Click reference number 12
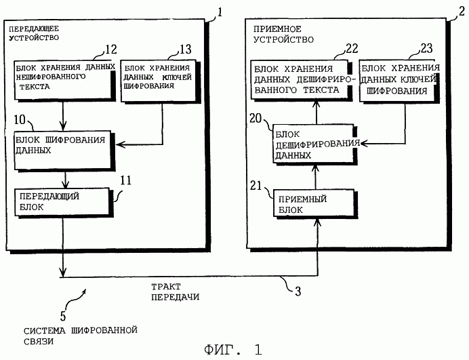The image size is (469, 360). [111, 49]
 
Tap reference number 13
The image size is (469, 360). [186, 49]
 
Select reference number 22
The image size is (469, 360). [352, 49]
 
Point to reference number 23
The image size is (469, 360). [426, 48]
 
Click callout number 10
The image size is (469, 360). [20, 120]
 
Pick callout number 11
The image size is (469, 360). [125, 180]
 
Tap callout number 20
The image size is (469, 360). [256, 119]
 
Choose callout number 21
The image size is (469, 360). [256, 186]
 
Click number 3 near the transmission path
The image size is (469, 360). [298, 291]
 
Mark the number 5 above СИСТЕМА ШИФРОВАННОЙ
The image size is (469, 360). [63, 316]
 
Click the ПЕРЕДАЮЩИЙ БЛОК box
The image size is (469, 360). [62, 202]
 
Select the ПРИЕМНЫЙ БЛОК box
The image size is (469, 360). [314, 203]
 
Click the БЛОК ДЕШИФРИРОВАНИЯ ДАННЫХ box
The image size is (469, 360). [313, 143]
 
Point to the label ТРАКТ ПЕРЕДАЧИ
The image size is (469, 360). [175, 292]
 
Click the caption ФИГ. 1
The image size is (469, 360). [233, 350]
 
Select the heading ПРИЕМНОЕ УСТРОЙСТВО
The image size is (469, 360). [283, 34]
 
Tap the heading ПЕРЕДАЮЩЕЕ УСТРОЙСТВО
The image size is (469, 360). [34, 33]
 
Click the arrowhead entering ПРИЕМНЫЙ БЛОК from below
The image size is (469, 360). [318, 222]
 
